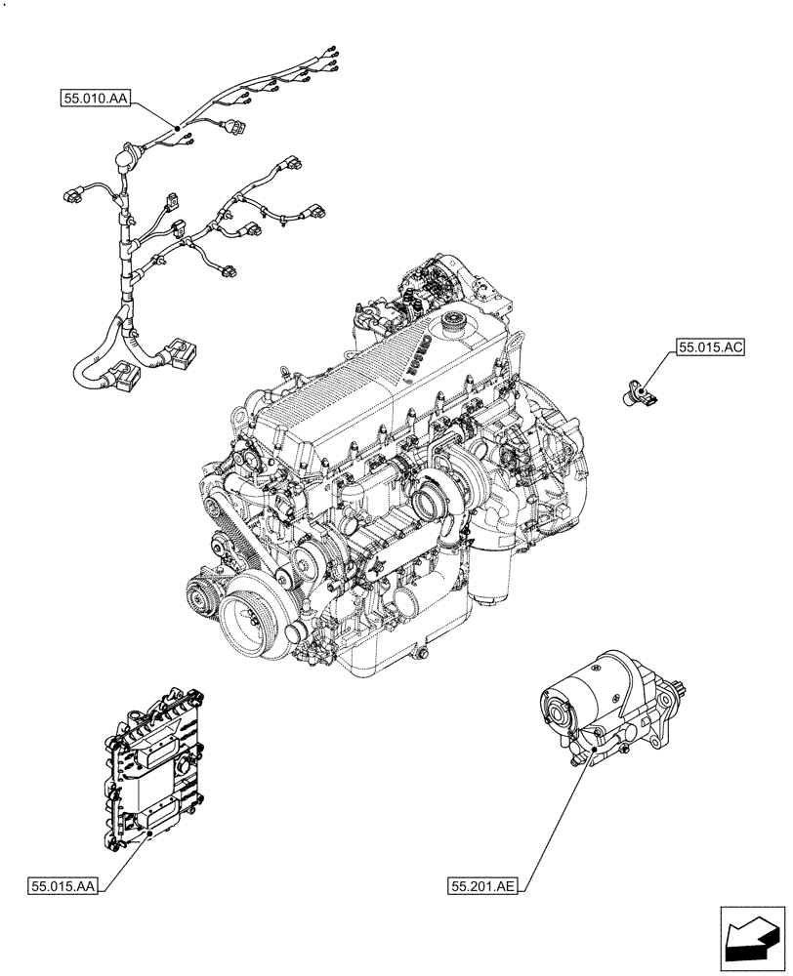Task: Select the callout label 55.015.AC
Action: point(707,346)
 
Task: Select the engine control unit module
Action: point(156,761)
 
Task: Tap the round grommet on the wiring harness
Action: point(125,154)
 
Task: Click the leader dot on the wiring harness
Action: point(177,129)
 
